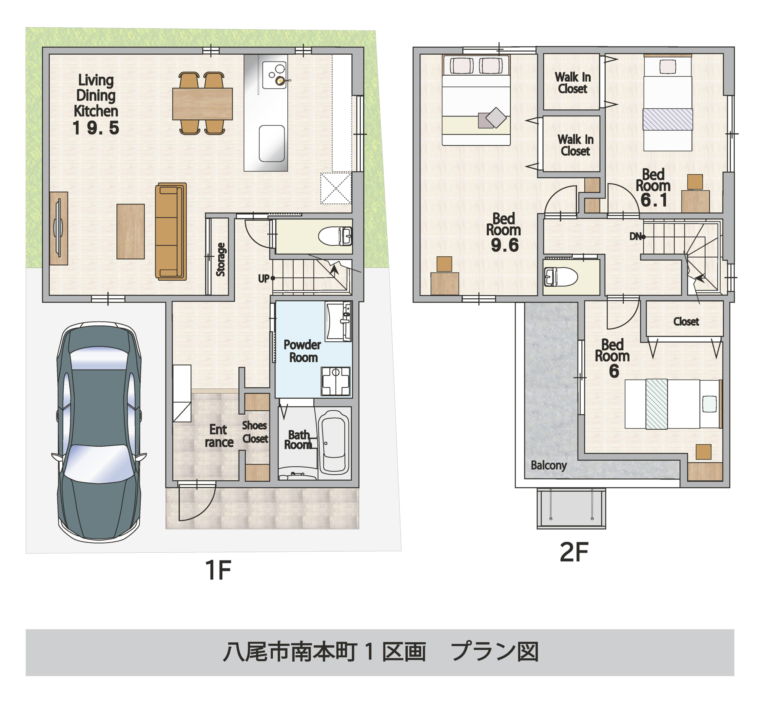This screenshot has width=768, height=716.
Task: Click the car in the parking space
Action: (x=99, y=431)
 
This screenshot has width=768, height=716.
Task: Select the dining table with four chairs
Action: (x=202, y=104)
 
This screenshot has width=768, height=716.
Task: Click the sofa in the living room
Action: (x=171, y=231)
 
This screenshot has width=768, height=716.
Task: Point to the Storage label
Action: (x=220, y=259)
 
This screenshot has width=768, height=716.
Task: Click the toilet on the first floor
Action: (x=335, y=236)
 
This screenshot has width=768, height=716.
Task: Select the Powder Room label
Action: (x=302, y=351)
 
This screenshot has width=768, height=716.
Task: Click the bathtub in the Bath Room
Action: (x=334, y=442)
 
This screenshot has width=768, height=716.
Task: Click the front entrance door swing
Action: (x=195, y=503)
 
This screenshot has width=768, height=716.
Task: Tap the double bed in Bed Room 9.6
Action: (x=476, y=101)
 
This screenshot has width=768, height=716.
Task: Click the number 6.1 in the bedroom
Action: (x=654, y=200)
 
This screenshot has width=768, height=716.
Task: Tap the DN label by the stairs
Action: (x=635, y=236)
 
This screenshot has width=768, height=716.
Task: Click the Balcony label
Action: (x=549, y=465)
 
